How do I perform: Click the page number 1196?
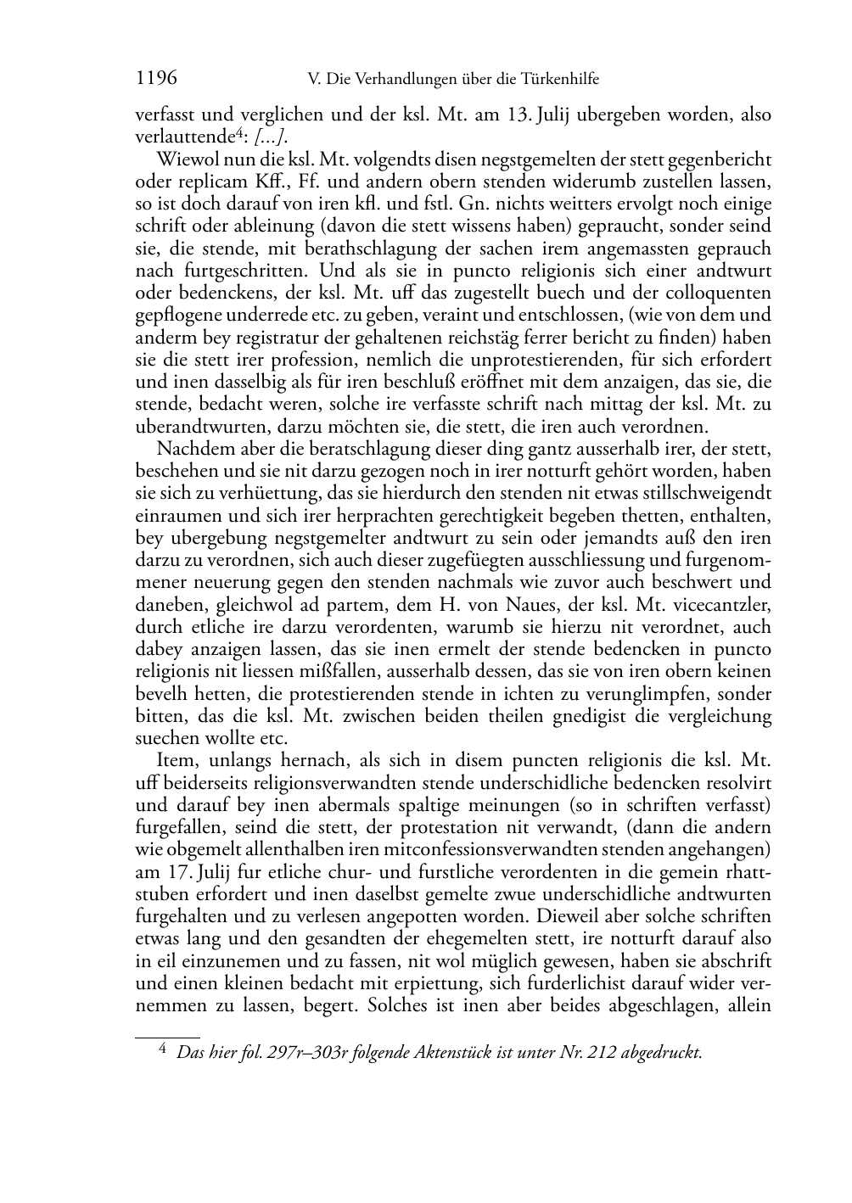[x=156, y=79]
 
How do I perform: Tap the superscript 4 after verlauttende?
[x=240, y=132]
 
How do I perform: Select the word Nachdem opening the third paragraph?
[x=191, y=449]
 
